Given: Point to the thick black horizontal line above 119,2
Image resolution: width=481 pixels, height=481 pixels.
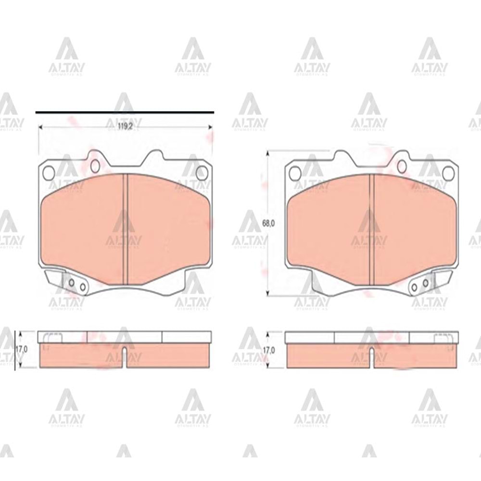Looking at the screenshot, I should coord(125,112).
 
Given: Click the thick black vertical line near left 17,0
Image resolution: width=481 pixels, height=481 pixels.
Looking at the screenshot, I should coord(15,350).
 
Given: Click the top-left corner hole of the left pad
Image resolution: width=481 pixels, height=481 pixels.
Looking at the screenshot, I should coord(48,173).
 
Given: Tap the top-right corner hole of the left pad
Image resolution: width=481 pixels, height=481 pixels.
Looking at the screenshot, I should coord(202,173).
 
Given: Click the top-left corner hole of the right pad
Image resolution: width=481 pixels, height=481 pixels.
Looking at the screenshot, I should coord(295,173).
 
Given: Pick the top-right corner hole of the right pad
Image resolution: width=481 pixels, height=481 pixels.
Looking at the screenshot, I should coord(448,173).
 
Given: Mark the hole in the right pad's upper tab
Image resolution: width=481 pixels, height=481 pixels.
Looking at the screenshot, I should coord(402,166).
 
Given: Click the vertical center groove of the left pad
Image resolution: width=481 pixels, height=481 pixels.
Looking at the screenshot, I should coord(125,228).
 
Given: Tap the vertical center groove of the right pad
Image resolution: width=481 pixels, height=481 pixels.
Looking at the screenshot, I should coord(371,228).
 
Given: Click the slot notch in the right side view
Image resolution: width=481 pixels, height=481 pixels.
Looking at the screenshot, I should coord(371,357).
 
